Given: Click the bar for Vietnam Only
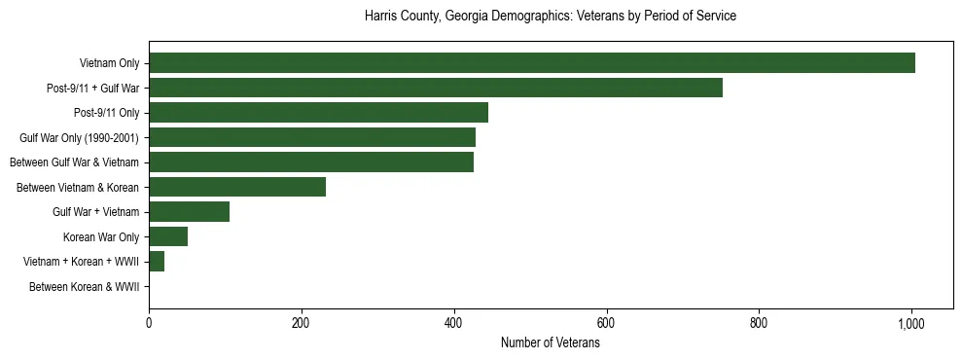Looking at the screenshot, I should click(532, 63).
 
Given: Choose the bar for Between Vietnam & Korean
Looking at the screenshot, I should click(237, 187).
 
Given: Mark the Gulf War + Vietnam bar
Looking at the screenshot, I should click(190, 212).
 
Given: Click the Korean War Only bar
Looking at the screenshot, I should click(168, 236).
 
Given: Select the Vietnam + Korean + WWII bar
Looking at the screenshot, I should click(157, 262).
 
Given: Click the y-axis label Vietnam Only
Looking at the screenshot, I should click(109, 64).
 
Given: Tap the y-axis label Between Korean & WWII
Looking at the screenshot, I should click(85, 287).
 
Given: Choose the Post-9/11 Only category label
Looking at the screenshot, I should click(104, 113).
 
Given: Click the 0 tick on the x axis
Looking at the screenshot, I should click(149, 324).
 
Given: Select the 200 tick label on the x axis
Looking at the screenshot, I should click(302, 324).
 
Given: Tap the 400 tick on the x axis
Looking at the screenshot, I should click(454, 324).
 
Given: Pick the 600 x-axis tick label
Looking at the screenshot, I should click(606, 324).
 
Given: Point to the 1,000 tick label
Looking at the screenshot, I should click(911, 324).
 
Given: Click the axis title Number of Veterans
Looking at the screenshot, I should click(551, 343).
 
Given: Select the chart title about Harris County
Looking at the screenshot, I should click(551, 17).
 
